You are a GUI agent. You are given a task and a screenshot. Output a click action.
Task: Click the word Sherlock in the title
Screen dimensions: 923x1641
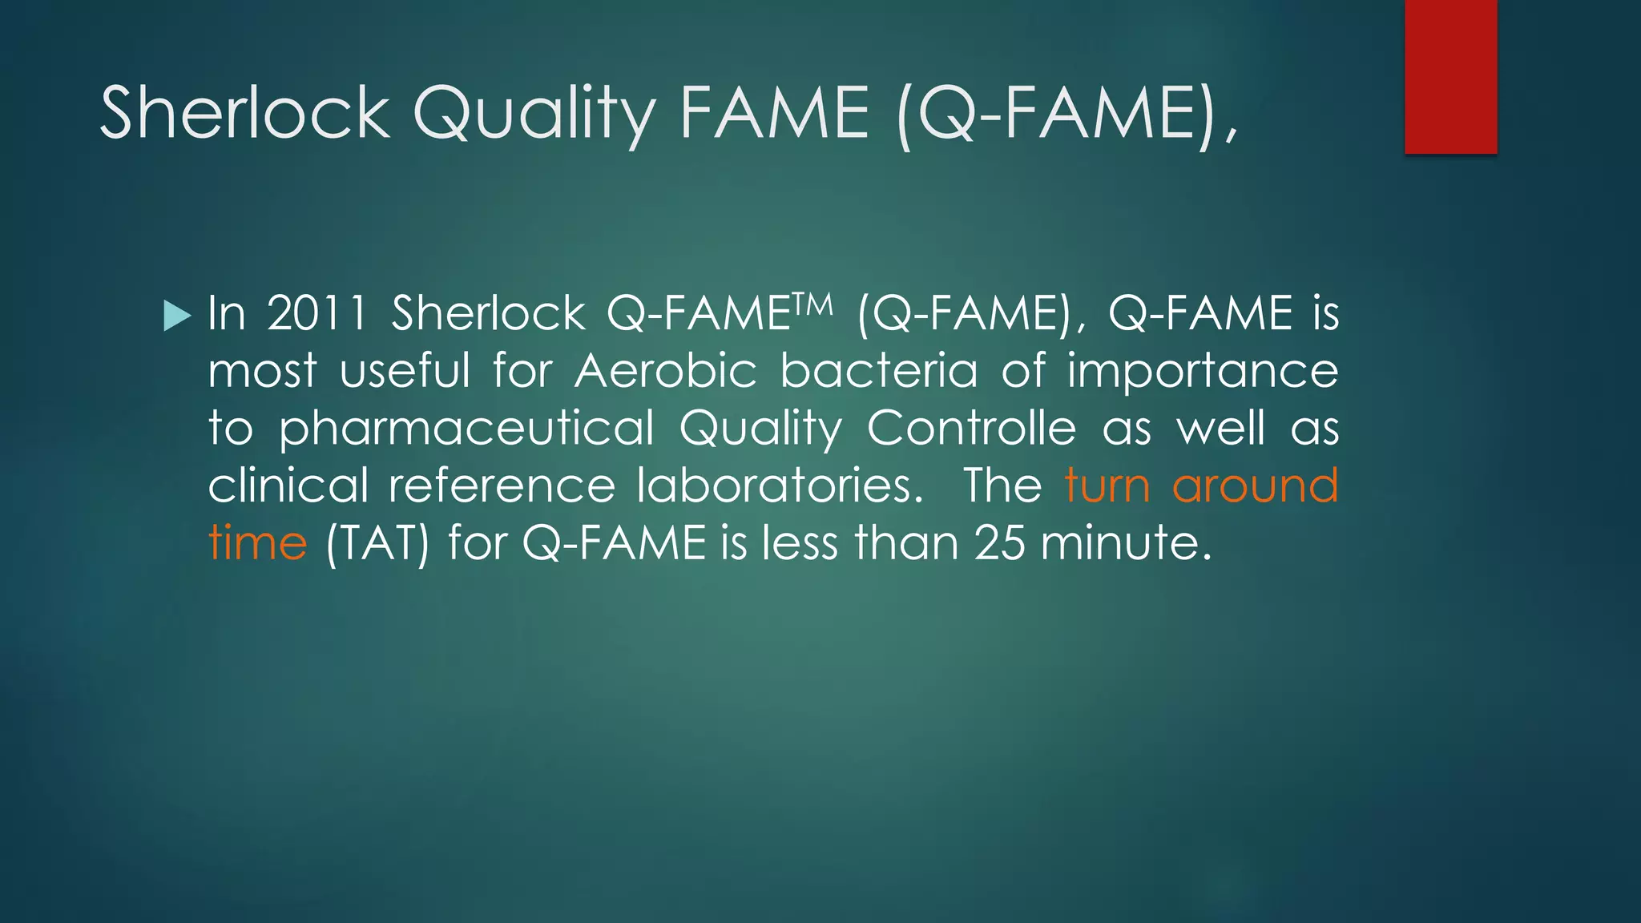tap(244, 113)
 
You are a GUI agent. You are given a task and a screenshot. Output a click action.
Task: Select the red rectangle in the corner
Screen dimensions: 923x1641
tap(1450, 76)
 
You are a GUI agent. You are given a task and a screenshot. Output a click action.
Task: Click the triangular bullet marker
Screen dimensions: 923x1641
tap(177, 315)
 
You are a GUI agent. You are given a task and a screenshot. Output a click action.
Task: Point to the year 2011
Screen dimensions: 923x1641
tap(317, 312)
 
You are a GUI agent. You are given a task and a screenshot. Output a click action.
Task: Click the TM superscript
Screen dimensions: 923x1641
tap(813, 304)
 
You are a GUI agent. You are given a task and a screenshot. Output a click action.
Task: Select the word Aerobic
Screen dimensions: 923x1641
tap(666, 371)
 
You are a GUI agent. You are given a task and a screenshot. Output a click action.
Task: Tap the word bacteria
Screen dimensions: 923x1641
tap(879, 371)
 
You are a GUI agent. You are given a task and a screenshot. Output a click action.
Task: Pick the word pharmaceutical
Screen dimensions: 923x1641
tap(466, 429)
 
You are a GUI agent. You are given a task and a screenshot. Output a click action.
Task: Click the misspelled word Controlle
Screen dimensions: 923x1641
tap(971, 428)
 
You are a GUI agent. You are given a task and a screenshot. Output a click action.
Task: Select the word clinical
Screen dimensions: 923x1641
tap(288, 486)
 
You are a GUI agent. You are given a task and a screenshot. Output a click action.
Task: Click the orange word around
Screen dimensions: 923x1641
tap(1255, 486)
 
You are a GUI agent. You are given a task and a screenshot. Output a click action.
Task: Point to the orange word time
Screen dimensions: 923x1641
tap(257, 543)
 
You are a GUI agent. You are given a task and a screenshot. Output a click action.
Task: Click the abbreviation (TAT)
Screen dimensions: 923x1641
tap(377, 543)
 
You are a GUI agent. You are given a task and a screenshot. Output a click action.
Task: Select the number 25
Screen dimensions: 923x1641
tap(999, 543)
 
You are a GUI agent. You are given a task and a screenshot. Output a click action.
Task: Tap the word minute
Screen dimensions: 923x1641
tap(1125, 543)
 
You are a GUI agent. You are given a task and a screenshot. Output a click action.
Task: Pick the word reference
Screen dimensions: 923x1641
tap(502, 486)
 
